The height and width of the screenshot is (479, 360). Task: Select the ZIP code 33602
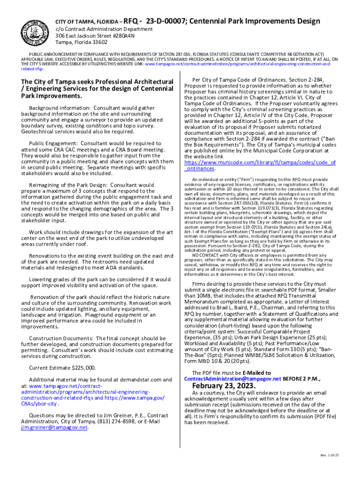pyautogui.click(x=98, y=42)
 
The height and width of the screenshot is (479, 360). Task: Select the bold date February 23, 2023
pyautogui.click(x=224, y=386)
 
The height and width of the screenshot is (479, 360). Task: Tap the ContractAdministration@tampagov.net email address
pyautogui.click(x=233, y=378)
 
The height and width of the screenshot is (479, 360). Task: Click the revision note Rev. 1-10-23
pyautogui.click(x=330, y=455)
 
